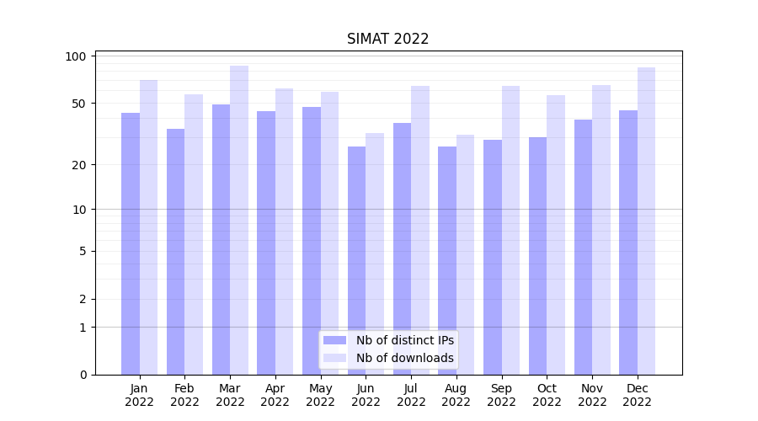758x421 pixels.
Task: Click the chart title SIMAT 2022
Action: tap(387, 40)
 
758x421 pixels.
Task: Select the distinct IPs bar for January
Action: tap(131, 244)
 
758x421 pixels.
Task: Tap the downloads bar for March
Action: tap(239, 221)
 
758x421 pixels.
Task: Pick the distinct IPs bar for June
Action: tap(357, 261)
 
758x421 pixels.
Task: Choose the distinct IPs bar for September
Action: tap(493, 258)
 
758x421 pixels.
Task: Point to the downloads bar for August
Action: tap(466, 255)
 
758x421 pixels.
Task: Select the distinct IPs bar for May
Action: tap(312, 241)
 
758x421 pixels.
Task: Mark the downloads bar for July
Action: tap(420, 231)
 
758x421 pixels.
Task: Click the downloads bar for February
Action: tap(194, 235)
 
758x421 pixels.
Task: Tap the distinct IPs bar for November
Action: tap(583, 248)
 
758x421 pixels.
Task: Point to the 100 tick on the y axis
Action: tap(77, 56)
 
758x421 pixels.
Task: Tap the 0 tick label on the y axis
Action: tap(83, 375)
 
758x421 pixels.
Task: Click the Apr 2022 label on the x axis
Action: tap(275, 395)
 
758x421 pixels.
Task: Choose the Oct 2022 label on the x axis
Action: tap(547, 395)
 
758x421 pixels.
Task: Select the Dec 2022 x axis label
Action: tap(638, 395)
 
